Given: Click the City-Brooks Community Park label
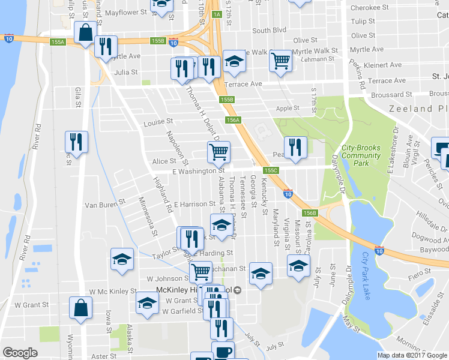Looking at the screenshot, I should click(x=361, y=155).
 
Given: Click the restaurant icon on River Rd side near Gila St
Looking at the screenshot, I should click(x=76, y=142).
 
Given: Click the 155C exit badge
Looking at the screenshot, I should click(x=272, y=170).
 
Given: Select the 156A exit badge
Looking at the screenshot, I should click(x=234, y=120).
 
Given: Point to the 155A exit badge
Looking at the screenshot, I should click(x=58, y=42).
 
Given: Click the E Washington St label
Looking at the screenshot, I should click(x=181, y=172).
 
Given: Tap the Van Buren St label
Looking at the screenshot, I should click(x=104, y=204).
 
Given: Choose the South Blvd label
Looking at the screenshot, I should click(x=269, y=30).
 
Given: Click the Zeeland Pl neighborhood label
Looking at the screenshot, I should click(x=418, y=109).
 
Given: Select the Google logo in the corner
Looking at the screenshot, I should click(x=20, y=353).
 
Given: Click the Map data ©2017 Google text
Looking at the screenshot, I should click(x=412, y=355).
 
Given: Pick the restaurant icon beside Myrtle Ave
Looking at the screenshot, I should click(x=106, y=46).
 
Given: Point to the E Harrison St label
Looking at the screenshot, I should click(x=194, y=204).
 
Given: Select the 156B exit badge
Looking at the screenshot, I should click(x=310, y=213).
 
